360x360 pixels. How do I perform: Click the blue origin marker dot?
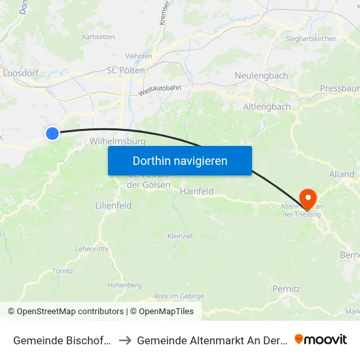(52, 134)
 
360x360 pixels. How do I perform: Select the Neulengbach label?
(261, 76)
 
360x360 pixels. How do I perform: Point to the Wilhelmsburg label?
(112, 141)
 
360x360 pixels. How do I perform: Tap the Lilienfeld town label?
(113, 206)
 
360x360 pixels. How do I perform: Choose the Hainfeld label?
(197, 192)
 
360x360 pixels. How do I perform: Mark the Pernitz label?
(286, 289)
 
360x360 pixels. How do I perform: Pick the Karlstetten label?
(99, 37)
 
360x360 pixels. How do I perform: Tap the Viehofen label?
(139, 56)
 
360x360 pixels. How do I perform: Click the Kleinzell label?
(180, 236)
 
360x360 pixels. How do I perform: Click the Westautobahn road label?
(160, 87)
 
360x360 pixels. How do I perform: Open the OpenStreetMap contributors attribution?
(70, 312)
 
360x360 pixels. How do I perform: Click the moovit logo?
(321, 339)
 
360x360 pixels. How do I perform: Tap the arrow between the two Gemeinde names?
(124, 340)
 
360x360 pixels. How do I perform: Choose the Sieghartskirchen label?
(311, 39)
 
